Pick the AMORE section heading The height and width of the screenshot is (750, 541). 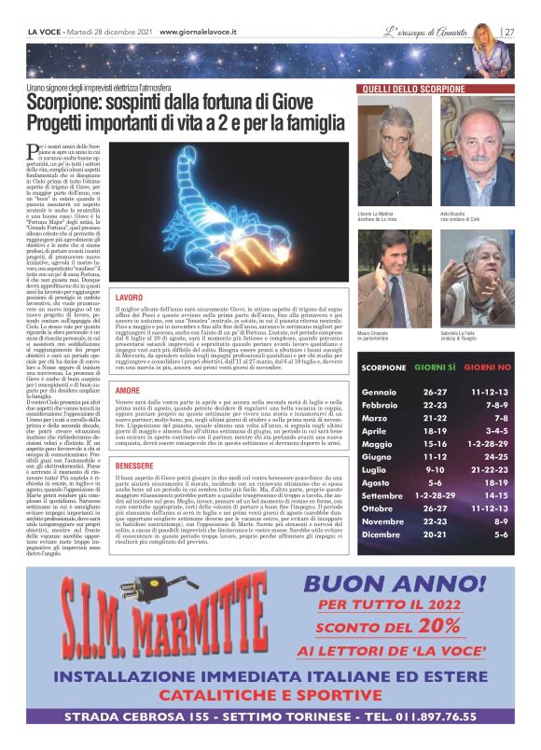pyautogui.click(x=126, y=390)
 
